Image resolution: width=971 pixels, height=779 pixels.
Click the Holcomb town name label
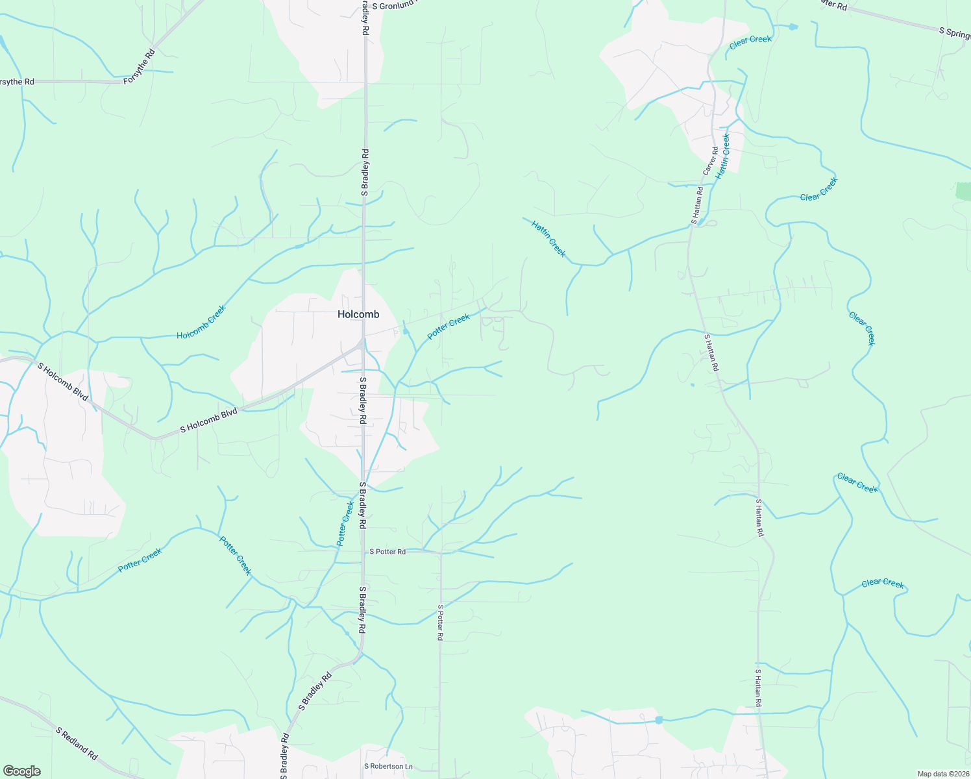[x=358, y=314]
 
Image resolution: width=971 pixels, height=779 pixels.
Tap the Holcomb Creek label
[x=201, y=322]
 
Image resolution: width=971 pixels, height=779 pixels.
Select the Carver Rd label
[x=711, y=160]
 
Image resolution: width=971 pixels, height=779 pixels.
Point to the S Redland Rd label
[x=77, y=744]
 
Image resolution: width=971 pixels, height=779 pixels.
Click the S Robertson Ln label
[x=388, y=767]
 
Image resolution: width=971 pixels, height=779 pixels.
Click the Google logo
[x=21, y=771]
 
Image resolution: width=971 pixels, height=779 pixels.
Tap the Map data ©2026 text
[x=942, y=774]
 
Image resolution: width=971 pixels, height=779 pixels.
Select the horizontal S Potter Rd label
[x=387, y=552]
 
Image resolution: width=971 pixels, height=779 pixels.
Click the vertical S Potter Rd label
[x=440, y=623]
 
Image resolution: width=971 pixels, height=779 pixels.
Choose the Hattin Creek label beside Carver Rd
[x=723, y=156]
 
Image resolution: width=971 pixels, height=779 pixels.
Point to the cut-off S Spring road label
[x=955, y=32]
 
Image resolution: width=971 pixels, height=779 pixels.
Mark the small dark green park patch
[x=963, y=191]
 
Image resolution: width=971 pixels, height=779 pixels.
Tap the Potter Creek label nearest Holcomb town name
[x=449, y=327]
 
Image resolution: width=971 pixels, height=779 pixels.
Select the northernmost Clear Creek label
[x=750, y=42]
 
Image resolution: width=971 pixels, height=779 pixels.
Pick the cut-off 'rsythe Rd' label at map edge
[x=17, y=82]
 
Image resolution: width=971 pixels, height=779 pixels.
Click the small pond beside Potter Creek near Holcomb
[x=406, y=332]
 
